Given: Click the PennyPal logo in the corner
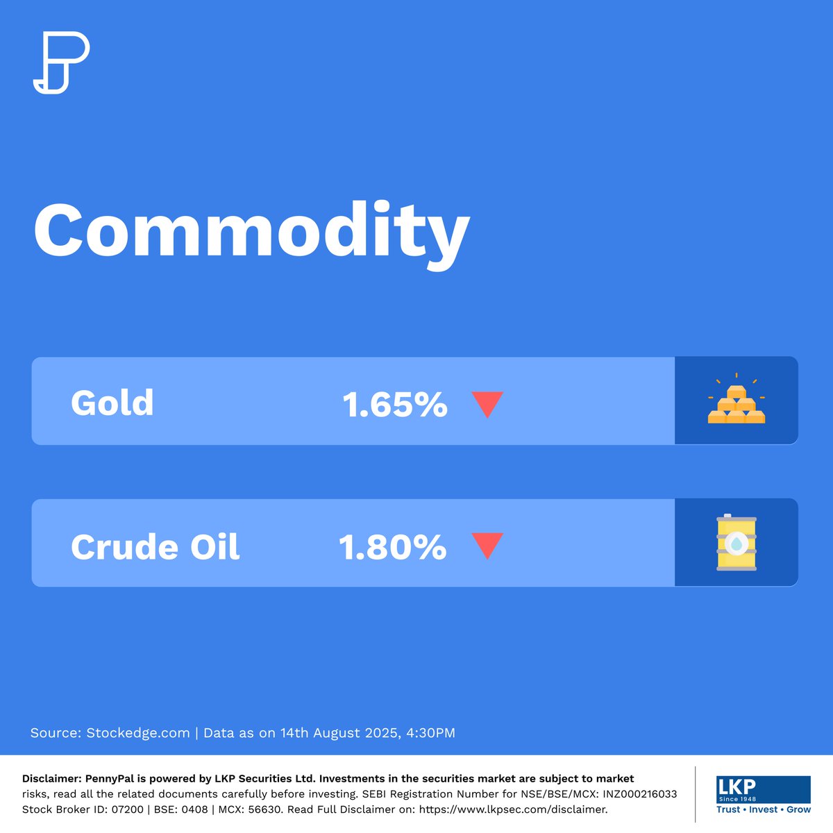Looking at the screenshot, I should (61, 62).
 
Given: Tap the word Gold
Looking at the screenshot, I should (112, 403).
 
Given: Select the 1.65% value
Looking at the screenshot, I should (395, 405).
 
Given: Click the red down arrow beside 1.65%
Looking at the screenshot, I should (487, 404).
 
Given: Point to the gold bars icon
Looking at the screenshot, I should (737, 403).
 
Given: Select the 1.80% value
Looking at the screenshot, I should (393, 547).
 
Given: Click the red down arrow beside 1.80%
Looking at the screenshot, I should (487, 545).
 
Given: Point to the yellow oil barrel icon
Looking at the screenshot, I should (737, 543).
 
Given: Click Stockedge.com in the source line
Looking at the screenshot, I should (138, 733).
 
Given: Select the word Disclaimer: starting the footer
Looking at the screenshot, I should (52, 779).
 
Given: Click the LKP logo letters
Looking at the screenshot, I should (737, 787).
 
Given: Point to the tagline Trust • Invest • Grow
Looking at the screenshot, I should (764, 809).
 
